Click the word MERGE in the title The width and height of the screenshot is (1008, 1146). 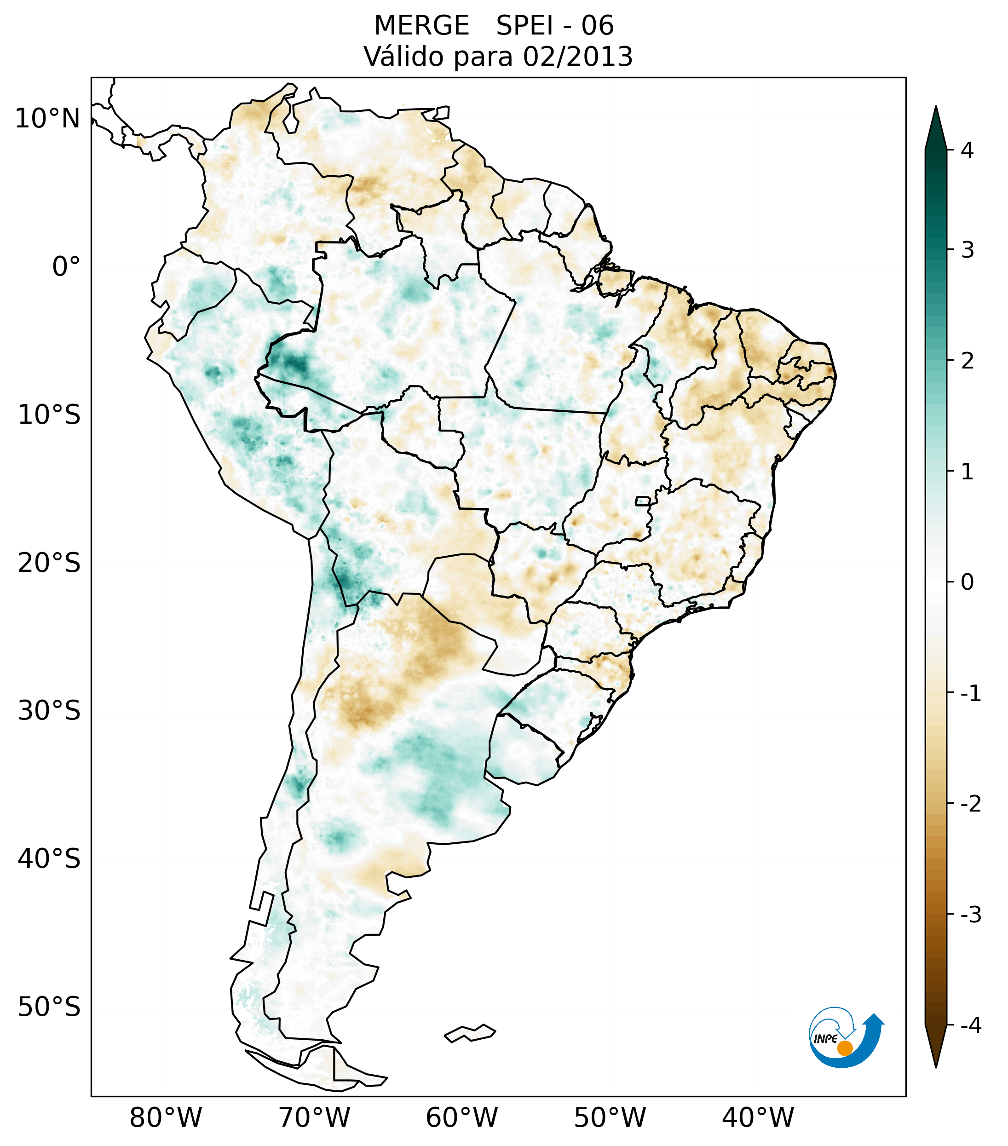pyautogui.click(x=421, y=26)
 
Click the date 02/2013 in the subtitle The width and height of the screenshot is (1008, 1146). pyautogui.click(x=577, y=57)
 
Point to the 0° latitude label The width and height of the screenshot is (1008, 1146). pyautogui.click(x=66, y=267)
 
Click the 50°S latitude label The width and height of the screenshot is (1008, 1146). pyautogui.click(x=49, y=1007)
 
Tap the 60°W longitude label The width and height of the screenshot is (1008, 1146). pyautogui.click(x=461, y=1117)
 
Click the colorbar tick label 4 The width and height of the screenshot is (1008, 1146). pyautogui.click(x=967, y=150)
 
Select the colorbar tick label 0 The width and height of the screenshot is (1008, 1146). pyautogui.click(x=967, y=582)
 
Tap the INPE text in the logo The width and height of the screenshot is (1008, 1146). pyautogui.click(x=825, y=1039)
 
